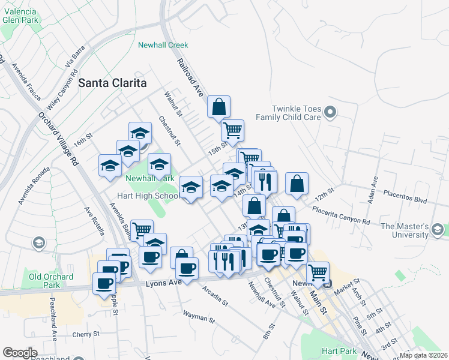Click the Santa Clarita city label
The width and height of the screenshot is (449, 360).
click(113, 83)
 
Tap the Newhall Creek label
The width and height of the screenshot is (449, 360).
click(163, 45)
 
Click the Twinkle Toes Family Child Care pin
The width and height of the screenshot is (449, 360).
click(330, 112)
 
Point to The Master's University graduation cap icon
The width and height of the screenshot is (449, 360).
click(438, 230)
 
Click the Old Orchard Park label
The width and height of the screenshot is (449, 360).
click(51, 280)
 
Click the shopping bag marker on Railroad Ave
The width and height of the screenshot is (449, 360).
click(219, 107)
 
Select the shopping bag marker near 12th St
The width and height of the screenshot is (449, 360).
click(297, 185)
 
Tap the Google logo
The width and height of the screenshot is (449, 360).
click(20, 353)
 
